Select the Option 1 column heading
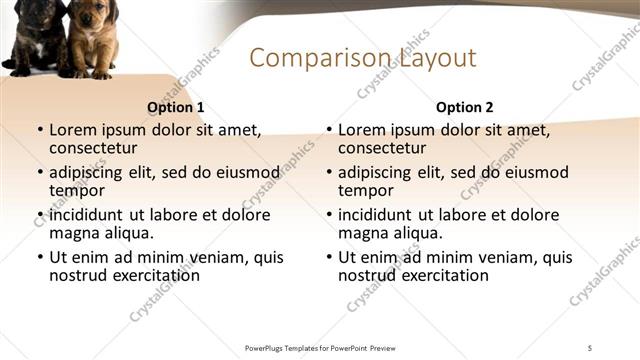(176, 107)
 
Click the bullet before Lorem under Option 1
(39, 130)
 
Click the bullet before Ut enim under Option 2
(328, 257)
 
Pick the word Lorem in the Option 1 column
(72, 130)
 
